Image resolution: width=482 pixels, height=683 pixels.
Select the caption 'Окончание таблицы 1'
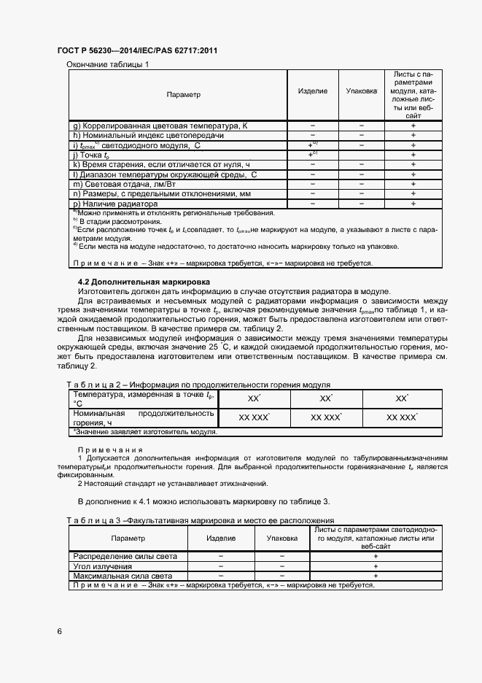[107, 65]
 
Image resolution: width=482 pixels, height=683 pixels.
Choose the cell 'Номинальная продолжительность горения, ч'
[144, 417]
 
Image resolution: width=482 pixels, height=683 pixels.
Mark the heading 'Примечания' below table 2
[110, 450]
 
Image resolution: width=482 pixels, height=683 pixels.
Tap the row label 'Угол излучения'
[102, 566]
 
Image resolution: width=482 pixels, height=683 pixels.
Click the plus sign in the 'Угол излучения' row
[376, 566]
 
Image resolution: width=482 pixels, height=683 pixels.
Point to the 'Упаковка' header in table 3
[281, 538]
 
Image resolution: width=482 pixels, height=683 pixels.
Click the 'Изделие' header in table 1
[313, 91]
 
